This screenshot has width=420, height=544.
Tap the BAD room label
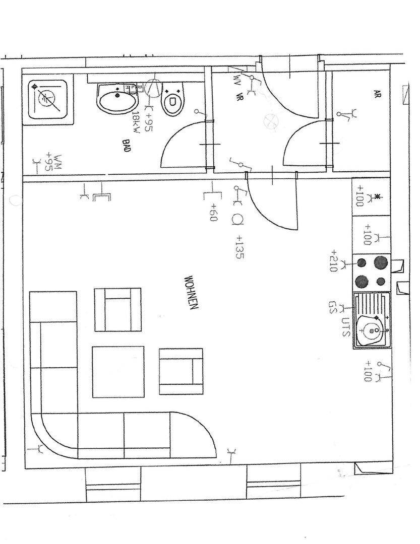[x=127, y=147]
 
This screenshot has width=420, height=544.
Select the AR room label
[x=377, y=94]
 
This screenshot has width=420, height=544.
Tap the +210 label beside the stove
[x=333, y=260]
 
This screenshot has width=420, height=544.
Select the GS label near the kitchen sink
[x=332, y=308]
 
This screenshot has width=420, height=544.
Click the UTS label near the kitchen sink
[x=346, y=326]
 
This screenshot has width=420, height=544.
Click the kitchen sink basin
[x=372, y=330]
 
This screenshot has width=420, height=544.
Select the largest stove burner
[x=381, y=262]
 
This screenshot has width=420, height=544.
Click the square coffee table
[x=118, y=372]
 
